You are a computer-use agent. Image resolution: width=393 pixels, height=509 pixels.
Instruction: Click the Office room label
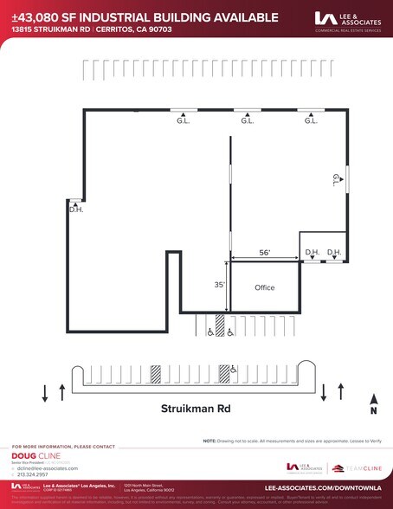[x=264, y=287]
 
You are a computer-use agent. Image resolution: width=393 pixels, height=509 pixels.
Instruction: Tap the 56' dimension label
[x=264, y=253]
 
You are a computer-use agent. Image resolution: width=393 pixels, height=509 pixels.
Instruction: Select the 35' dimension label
[x=220, y=284]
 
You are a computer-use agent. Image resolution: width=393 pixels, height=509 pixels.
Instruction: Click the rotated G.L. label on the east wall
[x=336, y=180]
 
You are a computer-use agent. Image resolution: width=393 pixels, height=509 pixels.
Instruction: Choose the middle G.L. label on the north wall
[x=247, y=121]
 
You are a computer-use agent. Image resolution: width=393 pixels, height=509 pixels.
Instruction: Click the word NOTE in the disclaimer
[x=209, y=441]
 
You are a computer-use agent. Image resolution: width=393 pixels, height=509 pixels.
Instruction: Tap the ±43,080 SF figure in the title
[x=35, y=16]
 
